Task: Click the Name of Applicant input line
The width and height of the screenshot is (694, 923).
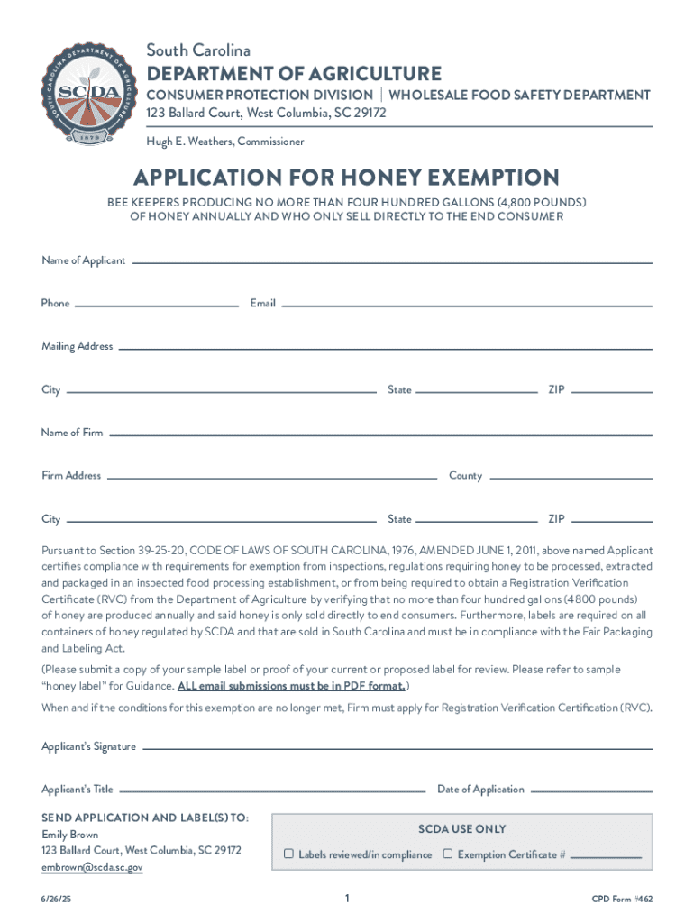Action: click(391, 261)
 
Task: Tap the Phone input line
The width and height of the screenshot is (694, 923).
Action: click(157, 305)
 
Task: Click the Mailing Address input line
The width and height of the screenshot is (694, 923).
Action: click(385, 348)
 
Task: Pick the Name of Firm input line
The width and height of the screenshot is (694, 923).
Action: click(379, 434)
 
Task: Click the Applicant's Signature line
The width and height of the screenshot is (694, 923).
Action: click(397, 747)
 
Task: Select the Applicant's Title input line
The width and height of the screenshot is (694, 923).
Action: click(270, 790)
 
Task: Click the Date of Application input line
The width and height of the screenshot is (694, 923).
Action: click(591, 790)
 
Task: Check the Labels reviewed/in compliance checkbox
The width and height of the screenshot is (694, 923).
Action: click(289, 854)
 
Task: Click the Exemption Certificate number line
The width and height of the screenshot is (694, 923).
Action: click(607, 855)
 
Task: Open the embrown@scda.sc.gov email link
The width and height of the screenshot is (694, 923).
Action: click(92, 867)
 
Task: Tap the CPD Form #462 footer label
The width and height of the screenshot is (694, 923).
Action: click(621, 900)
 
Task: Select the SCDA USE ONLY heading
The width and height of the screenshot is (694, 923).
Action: click(461, 829)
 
